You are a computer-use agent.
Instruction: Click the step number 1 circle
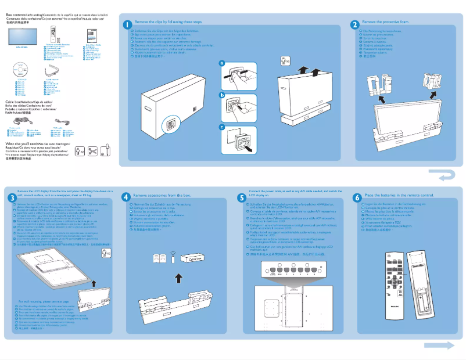click(x=128, y=24)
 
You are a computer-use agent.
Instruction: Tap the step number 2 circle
click(x=354, y=24)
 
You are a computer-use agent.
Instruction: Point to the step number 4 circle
click(x=126, y=197)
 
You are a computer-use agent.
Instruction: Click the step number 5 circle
click(x=242, y=197)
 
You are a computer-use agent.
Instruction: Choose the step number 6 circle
click(x=357, y=197)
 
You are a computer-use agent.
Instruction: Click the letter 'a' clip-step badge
click(x=222, y=63)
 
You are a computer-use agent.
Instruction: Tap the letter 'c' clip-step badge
click(x=222, y=127)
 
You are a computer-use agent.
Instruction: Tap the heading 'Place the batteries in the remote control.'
click(x=399, y=196)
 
